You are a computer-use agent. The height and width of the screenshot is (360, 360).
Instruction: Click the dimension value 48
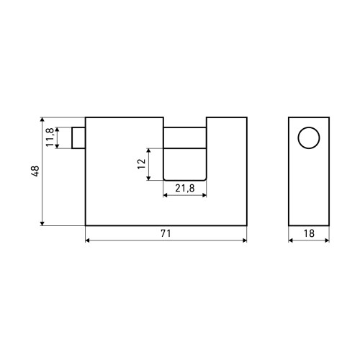pyautogui.click(x=35, y=171)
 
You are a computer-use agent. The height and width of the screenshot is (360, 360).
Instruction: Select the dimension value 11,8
pyautogui.click(x=50, y=138)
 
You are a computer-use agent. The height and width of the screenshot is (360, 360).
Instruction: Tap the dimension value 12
pyautogui.click(x=142, y=164)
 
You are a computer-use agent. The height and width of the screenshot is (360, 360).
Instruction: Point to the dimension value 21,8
pyautogui.click(x=184, y=188)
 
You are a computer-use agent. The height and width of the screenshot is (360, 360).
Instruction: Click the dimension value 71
pyautogui.click(x=166, y=233)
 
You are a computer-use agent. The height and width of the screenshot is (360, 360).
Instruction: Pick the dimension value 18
pyautogui.click(x=309, y=233)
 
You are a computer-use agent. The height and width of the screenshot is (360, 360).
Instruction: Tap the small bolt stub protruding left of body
pyautogui.click(x=78, y=138)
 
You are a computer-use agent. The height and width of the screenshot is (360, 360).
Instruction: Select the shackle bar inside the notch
pyautogui.click(x=185, y=138)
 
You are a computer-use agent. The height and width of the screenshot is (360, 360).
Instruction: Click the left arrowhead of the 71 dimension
pyautogui.click(x=87, y=240)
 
